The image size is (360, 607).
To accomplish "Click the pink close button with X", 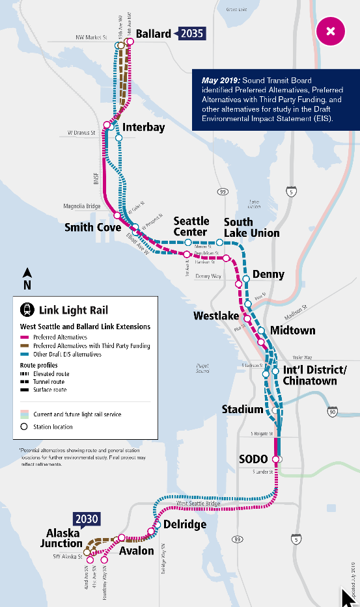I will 331,31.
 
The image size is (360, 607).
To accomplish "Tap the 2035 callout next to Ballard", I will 192,33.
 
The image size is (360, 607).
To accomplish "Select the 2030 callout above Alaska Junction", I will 87,519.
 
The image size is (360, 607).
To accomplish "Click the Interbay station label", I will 139,127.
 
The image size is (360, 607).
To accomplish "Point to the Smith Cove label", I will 92,228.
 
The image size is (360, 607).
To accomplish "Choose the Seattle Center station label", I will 191,227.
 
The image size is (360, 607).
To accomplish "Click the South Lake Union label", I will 251,227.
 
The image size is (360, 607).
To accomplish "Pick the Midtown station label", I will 292,330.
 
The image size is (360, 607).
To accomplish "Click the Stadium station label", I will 242,409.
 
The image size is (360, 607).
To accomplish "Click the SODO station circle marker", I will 276,459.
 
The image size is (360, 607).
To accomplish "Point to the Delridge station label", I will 185,524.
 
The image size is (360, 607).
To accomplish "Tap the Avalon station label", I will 136,551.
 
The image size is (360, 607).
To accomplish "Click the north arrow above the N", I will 26,273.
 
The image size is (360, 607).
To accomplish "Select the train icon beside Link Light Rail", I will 28,310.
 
